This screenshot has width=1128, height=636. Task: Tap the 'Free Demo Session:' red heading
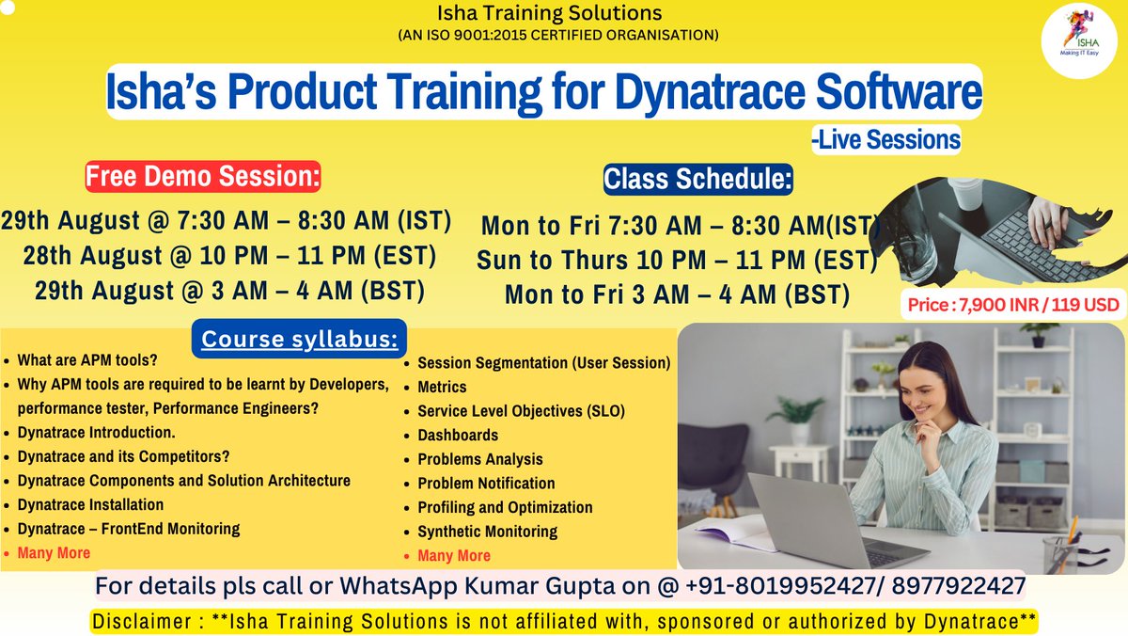pos(203,177)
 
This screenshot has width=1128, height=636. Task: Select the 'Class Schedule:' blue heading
pos(697,178)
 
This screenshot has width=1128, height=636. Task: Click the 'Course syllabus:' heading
pos(299,340)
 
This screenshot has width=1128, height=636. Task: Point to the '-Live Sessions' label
pos(886,140)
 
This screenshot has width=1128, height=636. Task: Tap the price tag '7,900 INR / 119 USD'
pos(1013,305)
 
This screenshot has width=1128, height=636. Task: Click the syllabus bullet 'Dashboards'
pos(458,435)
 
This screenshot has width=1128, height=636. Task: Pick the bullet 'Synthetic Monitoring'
pos(487,532)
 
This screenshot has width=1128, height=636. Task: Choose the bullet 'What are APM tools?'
pos(87,360)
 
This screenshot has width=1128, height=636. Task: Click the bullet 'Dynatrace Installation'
pos(90,504)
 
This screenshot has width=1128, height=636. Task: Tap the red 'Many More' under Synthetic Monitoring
pos(454,555)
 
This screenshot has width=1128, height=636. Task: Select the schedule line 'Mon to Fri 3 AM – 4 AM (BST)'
pos(677,294)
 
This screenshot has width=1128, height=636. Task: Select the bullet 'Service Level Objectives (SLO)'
pos(521,411)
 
